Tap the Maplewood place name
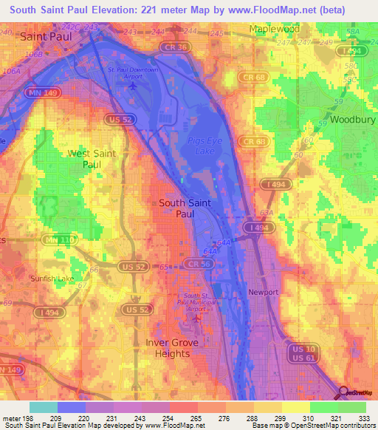click(277, 29)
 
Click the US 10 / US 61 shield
click(303, 352)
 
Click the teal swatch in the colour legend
click(43, 407)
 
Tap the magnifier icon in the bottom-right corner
click(343, 392)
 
